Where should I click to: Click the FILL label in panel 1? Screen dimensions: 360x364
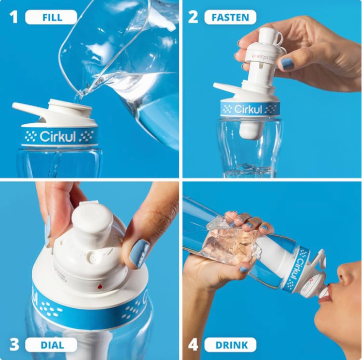[51, 17]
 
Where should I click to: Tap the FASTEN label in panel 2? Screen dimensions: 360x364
[230, 17]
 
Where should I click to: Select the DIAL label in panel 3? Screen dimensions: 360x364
[51, 345]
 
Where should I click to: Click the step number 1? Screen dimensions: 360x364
[13, 17]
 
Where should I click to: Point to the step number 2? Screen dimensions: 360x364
[193, 17]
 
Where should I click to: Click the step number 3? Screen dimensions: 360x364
[13, 345]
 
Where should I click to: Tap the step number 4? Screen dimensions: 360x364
[193, 345]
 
